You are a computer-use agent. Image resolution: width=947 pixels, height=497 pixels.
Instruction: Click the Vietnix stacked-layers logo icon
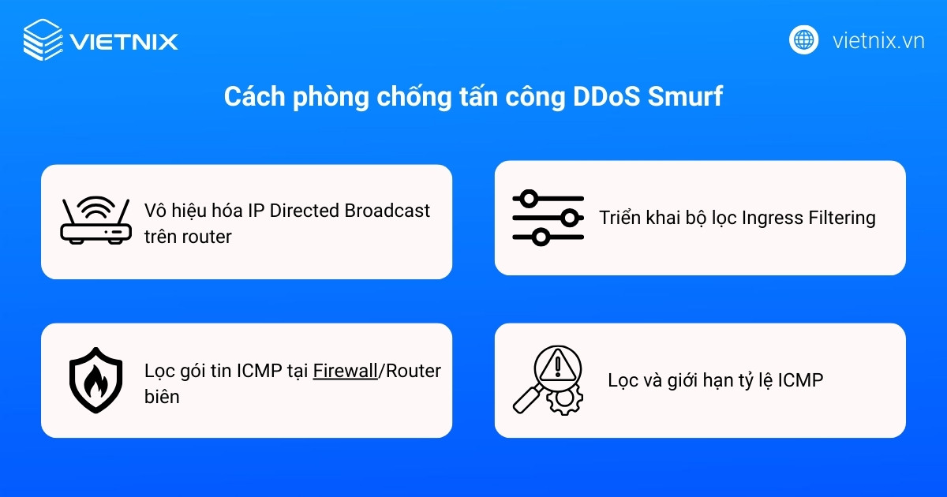click(x=43, y=39)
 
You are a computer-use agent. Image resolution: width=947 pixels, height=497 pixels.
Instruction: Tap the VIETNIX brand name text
click(x=124, y=41)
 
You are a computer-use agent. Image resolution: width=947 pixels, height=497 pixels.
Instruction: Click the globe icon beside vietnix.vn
click(x=803, y=39)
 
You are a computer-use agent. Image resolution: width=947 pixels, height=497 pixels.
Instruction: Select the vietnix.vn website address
click(x=878, y=40)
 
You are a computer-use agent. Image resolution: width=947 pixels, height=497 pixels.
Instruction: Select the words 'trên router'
click(x=188, y=237)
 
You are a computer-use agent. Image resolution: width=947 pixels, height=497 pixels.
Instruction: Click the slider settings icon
click(x=548, y=217)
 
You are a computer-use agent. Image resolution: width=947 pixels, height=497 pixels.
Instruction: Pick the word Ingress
click(x=772, y=218)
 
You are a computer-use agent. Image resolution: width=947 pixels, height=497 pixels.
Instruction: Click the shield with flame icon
click(x=95, y=379)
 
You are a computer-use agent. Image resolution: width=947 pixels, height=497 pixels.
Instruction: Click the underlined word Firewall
click(x=345, y=371)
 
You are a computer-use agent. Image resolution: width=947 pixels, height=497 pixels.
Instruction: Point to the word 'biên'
click(x=162, y=397)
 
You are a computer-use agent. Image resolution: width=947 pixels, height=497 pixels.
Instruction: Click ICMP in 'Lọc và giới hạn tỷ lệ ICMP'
click(x=800, y=380)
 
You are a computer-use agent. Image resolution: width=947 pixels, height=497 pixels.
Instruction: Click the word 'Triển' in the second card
click(x=620, y=218)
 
